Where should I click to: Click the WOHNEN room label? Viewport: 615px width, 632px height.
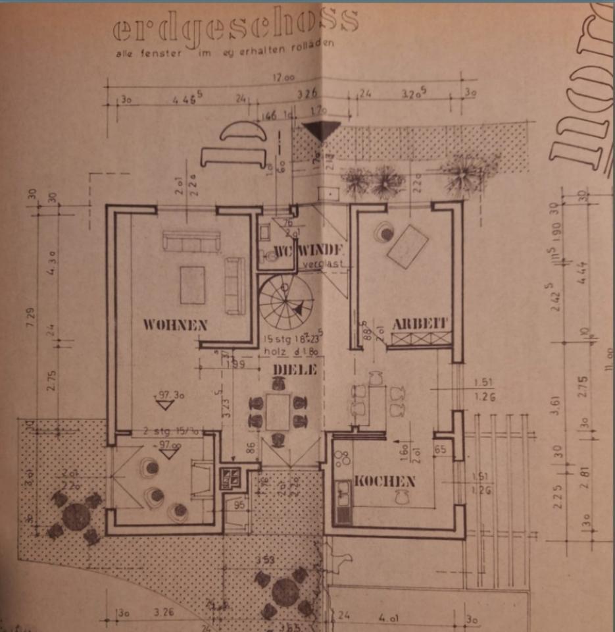point(175,325)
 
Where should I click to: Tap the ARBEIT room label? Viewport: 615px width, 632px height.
point(420,324)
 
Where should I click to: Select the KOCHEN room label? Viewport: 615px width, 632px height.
point(385,481)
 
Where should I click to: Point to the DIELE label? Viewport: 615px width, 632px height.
point(295,370)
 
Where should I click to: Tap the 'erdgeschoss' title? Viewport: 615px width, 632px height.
point(235,25)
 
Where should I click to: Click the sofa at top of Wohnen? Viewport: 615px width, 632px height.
point(191,241)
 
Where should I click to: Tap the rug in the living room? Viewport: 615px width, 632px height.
point(193,284)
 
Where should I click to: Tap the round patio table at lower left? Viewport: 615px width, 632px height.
point(76,517)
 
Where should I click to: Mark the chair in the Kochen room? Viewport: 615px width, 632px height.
point(400,498)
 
